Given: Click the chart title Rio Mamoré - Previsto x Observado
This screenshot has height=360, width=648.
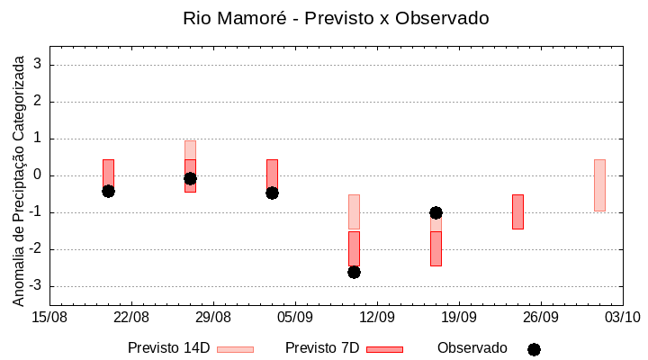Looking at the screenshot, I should (x=335, y=18).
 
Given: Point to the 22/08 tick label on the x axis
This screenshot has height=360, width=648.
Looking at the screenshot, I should (x=131, y=317).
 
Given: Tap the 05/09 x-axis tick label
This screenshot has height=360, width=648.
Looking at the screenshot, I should (x=295, y=317).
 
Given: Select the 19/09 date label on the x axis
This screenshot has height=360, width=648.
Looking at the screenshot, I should (x=459, y=317).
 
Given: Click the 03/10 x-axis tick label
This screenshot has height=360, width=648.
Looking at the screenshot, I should (x=622, y=317).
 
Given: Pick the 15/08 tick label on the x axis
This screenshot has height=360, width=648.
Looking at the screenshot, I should (x=49, y=317).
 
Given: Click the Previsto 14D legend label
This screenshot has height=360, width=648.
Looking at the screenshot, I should (x=168, y=348).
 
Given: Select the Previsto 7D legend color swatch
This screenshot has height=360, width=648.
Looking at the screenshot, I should (x=384, y=348).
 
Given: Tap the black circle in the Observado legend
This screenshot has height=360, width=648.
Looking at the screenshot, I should (x=534, y=349).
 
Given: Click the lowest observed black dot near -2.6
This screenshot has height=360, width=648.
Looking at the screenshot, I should (x=354, y=272).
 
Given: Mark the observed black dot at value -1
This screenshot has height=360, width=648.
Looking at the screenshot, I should (x=436, y=212).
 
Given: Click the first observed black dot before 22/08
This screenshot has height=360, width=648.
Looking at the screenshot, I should (x=108, y=191).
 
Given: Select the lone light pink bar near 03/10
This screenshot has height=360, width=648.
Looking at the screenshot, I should (x=599, y=184).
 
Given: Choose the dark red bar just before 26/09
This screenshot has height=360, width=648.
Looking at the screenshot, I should (x=517, y=211).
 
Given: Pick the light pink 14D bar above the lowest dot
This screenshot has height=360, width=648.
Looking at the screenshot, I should (x=354, y=211).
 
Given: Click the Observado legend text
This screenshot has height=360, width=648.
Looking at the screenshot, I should (x=472, y=348).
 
